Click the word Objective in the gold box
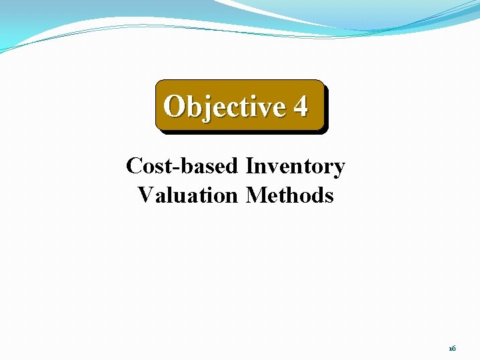click(224, 106)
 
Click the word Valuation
click(187, 195)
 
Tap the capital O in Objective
click(175, 106)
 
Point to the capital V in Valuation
click(145, 195)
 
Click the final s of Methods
click(328, 197)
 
